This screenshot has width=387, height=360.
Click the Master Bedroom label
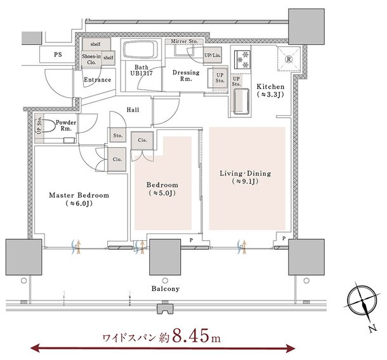(x=79, y=195)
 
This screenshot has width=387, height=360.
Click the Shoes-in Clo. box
(x=91, y=59)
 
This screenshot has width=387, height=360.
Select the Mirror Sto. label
(x=185, y=42)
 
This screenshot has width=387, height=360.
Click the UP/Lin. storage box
(x=212, y=55)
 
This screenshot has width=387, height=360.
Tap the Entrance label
(x=98, y=80)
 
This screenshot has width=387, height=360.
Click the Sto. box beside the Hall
(x=117, y=135)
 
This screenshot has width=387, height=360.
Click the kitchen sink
(x=240, y=101)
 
